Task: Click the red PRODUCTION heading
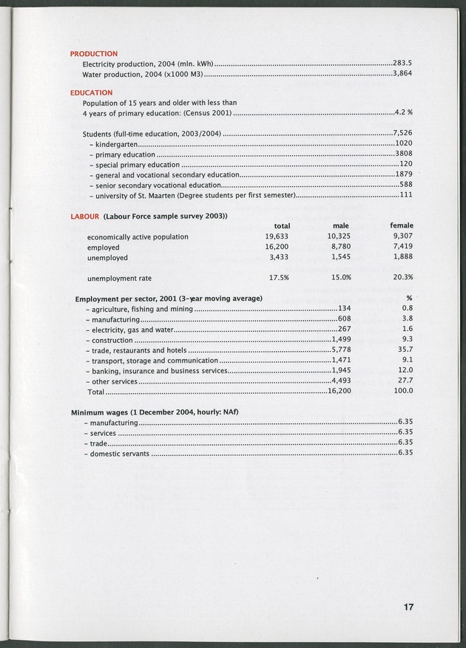click(x=93, y=54)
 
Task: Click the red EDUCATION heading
click(x=91, y=93)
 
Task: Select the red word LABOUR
click(x=84, y=216)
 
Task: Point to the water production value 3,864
click(x=402, y=74)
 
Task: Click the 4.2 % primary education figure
click(x=403, y=112)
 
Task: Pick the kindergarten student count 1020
click(x=404, y=143)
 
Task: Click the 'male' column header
click(x=340, y=225)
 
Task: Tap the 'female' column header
click(x=402, y=225)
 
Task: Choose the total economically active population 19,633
click(x=276, y=236)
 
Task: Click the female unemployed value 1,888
click(x=402, y=257)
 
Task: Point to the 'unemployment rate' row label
click(x=119, y=279)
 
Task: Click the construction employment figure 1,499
click(x=341, y=340)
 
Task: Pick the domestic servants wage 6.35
click(x=405, y=453)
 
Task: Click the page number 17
click(x=408, y=607)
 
